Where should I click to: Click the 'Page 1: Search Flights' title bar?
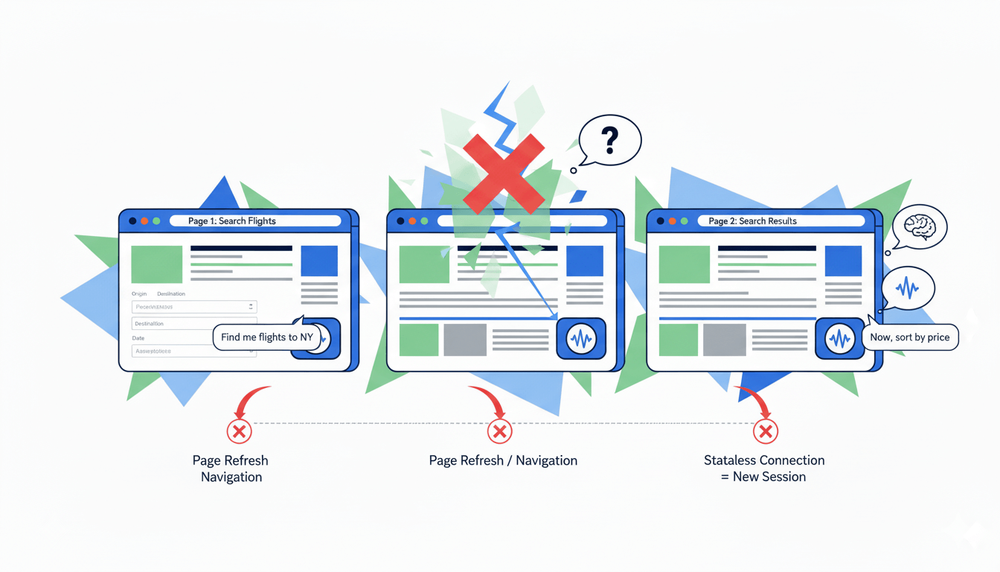coord(254,221)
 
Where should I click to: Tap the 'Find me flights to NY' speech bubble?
coord(267,337)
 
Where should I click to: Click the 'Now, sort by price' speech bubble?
coord(909,337)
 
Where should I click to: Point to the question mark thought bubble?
coord(609,139)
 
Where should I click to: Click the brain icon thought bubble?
coord(919,226)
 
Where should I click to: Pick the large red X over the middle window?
coord(504,173)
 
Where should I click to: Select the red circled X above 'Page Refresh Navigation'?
coord(239,431)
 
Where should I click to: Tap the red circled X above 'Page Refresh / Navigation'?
coord(499,431)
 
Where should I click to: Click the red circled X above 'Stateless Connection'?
coord(765,431)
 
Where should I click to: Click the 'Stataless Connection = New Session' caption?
coord(764,468)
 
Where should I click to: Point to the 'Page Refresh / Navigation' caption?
coord(503,460)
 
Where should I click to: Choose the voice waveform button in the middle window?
coord(581,340)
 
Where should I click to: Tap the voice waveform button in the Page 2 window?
coord(840,340)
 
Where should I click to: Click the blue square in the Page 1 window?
coord(319,261)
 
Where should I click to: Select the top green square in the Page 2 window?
coord(685,264)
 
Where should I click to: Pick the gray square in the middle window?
coord(465,340)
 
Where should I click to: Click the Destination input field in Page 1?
coord(194,324)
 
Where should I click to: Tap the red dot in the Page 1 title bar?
coord(145,221)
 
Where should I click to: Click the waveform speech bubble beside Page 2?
coord(908,288)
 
